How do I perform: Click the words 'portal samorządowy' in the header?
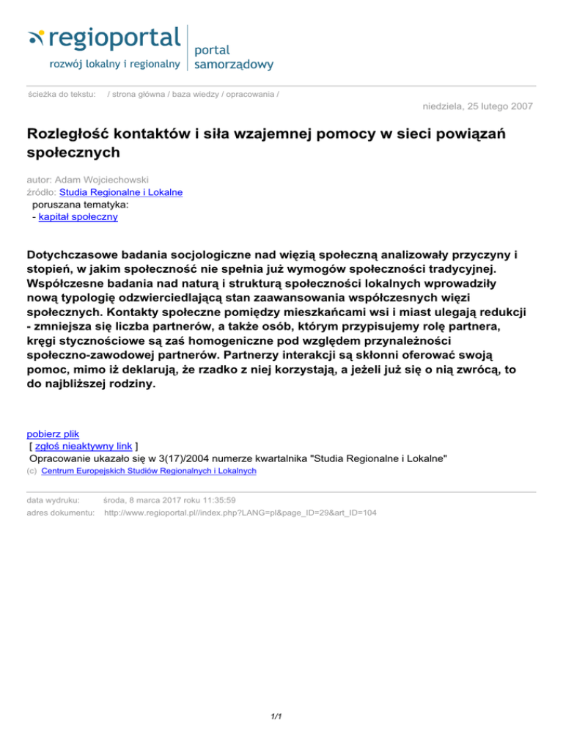tap(233, 57)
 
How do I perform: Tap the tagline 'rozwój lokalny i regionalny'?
tap(114, 64)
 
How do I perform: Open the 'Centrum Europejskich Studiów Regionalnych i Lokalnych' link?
tap(149, 471)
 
